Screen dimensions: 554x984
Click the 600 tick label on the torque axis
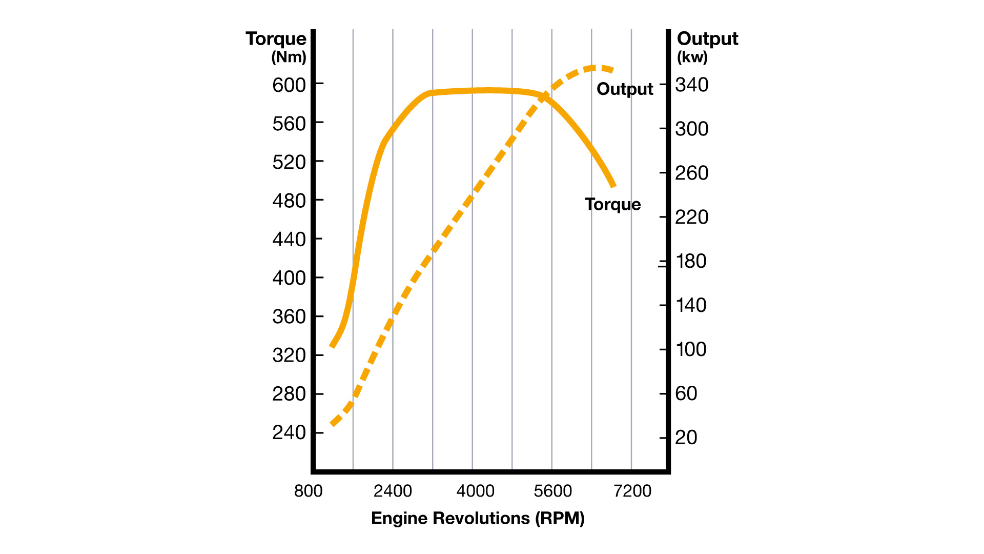click(x=289, y=85)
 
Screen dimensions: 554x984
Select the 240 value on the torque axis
click(x=289, y=432)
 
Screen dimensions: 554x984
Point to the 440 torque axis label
click(x=289, y=239)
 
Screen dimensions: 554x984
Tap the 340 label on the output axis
click(x=692, y=85)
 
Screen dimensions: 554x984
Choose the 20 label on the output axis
click(x=686, y=438)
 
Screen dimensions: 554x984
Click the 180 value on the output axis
click(x=691, y=261)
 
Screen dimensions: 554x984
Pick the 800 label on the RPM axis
click(x=308, y=491)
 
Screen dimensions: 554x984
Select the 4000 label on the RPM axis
click(x=475, y=491)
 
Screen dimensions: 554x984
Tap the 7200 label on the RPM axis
click(x=632, y=491)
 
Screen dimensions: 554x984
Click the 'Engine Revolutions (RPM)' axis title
click(x=478, y=518)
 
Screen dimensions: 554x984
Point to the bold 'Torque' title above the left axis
click(x=276, y=38)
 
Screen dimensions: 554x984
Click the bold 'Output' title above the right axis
click(x=707, y=38)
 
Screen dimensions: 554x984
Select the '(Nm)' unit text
click(x=289, y=57)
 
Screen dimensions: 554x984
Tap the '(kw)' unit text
click(x=692, y=57)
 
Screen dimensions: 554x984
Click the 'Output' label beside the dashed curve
click(x=625, y=89)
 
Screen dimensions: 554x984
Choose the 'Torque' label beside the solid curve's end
click(x=613, y=204)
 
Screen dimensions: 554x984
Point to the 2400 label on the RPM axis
click(x=393, y=491)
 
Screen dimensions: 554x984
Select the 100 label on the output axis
click(x=691, y=349)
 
